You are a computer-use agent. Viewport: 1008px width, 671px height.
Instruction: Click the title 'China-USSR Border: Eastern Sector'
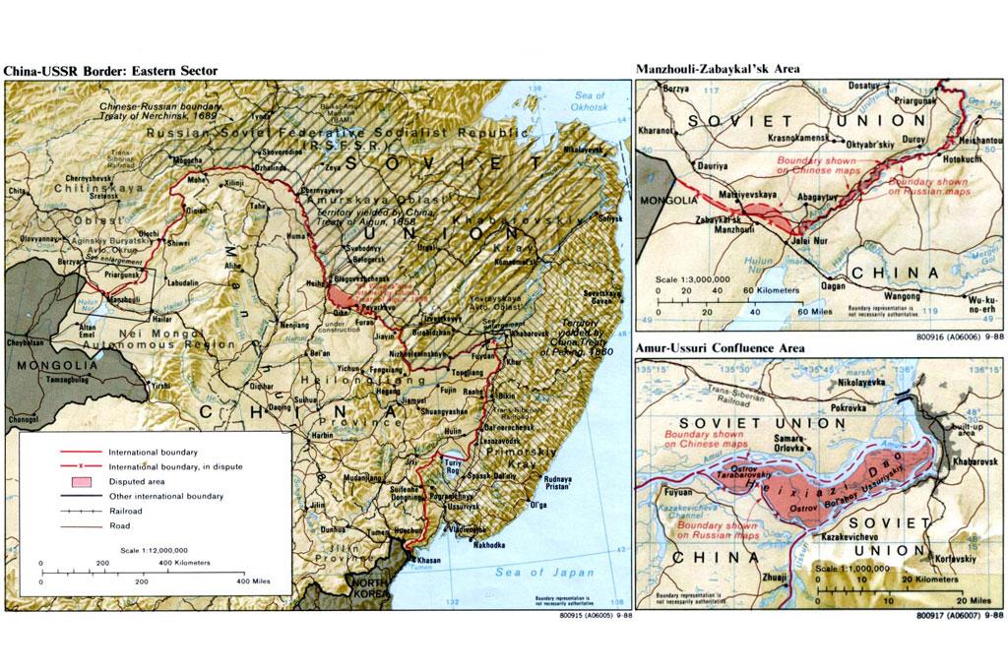point(109,70)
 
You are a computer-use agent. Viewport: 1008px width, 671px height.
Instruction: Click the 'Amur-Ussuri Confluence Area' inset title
point(721,347)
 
